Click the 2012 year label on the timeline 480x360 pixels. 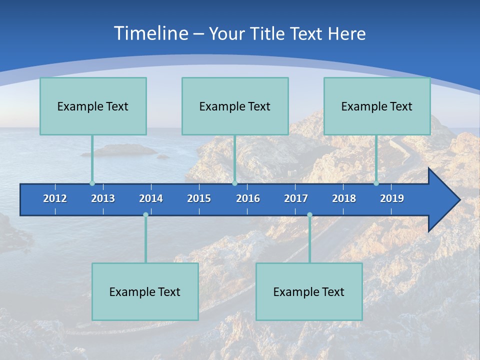55,198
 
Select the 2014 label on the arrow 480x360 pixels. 151,198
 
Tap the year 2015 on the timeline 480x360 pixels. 199,198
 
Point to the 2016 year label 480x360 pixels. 248,198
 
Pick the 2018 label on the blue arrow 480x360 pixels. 344,198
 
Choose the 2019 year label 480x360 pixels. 392,198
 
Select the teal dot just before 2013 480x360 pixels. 92,183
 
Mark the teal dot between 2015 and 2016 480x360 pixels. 234,183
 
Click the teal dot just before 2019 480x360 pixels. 376,183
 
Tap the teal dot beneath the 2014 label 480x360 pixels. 145,215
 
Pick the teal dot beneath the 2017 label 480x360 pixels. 309,215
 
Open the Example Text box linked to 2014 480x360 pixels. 145,291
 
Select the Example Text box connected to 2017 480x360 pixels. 309,291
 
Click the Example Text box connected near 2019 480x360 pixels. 377,106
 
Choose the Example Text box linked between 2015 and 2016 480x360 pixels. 235,106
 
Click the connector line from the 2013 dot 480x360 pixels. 92,159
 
